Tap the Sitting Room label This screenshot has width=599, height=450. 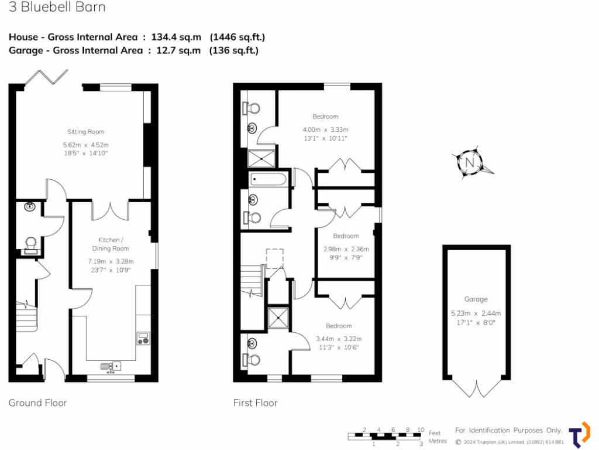click(x=85, y=132)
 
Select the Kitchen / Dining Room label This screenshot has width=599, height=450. click(x=111, y=244)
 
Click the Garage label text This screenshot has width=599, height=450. click(x=476, y=299)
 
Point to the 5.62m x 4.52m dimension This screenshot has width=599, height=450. click(x=85, y=145)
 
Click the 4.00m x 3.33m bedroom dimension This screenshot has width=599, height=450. click(x=325, y=129)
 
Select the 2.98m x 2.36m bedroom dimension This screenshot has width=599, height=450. click(x=346, y=248)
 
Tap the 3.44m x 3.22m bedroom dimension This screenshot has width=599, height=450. click(x=339, y=339)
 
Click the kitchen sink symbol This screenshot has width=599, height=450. click(x=111, y=366)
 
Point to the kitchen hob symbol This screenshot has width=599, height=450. click(x=143, y=337)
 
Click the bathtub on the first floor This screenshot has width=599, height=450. click(x=268, y=179)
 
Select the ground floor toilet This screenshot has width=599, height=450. click(x=30, y=244)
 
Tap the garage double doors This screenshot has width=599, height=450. click(x=476, y=387)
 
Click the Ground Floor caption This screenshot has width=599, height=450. click(x=37, y=403)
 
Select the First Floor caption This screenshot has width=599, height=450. click(x=255, y=403)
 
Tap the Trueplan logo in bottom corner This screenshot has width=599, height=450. click(x=579, y=435)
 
